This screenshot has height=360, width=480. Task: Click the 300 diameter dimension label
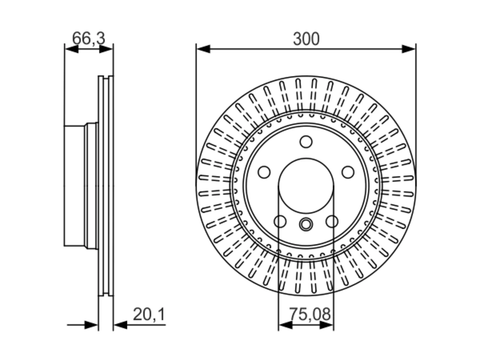tap(306, 39)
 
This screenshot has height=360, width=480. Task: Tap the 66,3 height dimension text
tap(88, 38)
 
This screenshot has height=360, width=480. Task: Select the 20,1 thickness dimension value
tap(149, 315)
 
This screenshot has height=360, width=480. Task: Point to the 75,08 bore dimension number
tap(310, 314)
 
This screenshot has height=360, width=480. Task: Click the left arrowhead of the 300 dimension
tap(203, 49)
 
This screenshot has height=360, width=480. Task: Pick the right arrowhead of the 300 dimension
tap(409, 49)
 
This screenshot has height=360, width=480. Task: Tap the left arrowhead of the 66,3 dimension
tap(72, 49)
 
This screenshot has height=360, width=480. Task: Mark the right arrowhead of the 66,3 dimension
tap(106, 49)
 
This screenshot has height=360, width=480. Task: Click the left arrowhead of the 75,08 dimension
tap(285, 325)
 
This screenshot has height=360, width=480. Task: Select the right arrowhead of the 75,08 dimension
tap(327, 325)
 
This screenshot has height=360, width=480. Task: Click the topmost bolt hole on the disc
tap(306, 142)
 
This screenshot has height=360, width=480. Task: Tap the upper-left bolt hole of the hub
tap(264, 172)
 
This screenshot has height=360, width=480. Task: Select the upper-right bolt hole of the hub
tap(348, 172)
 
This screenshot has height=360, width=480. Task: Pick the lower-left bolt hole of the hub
tap(280, 221)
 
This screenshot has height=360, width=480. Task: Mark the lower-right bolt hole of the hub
tap(332, 221)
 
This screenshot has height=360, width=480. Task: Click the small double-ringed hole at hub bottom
tap(306, 224)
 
